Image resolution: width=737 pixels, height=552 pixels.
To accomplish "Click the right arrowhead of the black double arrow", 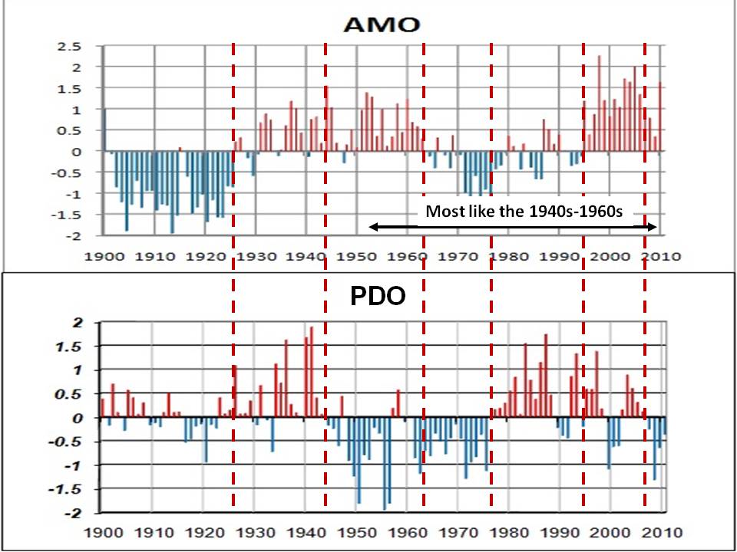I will click(654, 226).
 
